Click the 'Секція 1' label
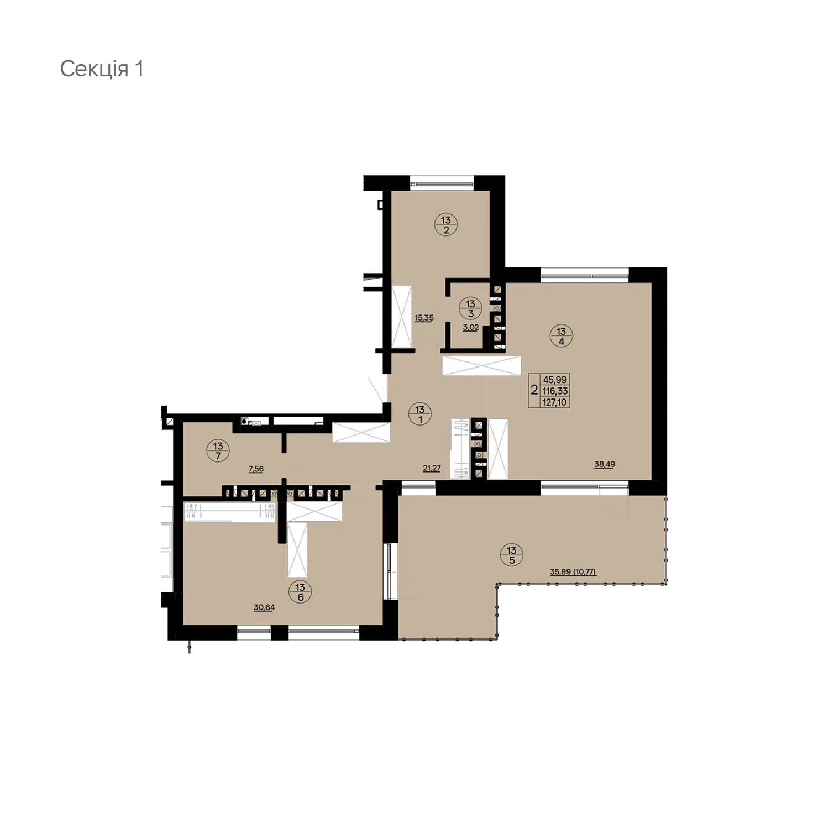(102, 69)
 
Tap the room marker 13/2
(446, 225)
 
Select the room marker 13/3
(470, 309)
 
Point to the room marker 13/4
(562, 336)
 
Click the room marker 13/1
(420, 414)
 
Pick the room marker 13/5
(512, 555)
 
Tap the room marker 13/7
(218, 450)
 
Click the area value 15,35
(424, 318)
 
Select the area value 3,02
(471, 327)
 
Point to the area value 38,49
(605, 464)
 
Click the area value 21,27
(432, 468)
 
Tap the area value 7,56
(256, 469)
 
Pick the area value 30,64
(264, 607)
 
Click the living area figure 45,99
(555, 380)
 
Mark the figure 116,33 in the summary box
(555, 391)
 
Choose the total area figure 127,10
(555, 402)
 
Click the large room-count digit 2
(534, 390)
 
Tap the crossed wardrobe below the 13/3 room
(481, 366)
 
